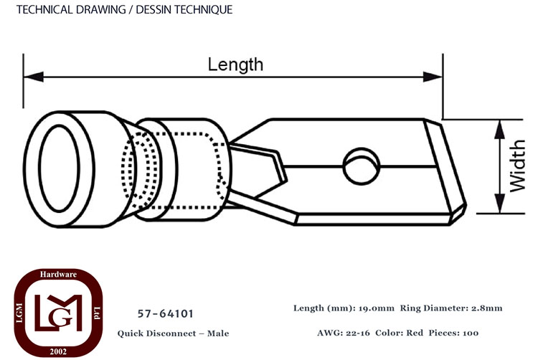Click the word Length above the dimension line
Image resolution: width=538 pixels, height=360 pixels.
click(235, 65)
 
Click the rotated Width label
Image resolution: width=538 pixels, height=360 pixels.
click(517, 166)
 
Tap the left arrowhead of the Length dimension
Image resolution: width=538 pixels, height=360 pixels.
click(33, 77)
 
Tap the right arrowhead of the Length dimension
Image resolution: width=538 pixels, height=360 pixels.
click(433, 77)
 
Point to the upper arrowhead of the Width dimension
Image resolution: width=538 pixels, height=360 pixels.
click(499, 130)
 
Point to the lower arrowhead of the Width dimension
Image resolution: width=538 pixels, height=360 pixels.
click(499, 204)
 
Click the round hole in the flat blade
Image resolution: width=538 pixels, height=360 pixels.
click(362, 166)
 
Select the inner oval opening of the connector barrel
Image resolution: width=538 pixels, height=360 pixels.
click(59, 169)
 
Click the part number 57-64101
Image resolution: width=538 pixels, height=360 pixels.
click(166, 313)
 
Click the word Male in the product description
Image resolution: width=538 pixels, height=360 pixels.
click(218, 333)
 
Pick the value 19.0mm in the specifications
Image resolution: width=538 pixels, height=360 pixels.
click(377, 308)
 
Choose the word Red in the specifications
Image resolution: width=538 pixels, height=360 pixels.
click(415, 333)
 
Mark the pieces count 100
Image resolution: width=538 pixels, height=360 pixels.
click(471, 333)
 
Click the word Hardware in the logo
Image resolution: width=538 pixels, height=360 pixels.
click(58, 274)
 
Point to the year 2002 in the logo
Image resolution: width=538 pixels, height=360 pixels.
click(58, 351)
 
